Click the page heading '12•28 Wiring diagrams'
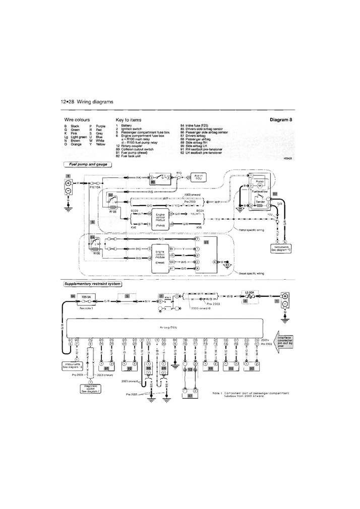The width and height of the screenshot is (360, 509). pyautogui.click(x=86, y=102)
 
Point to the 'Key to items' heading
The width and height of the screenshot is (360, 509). pyautogui.click(x=129, y=120)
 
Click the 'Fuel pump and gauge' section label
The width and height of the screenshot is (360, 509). pyautogui.click(x=87, y=165)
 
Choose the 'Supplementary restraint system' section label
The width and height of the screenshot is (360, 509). pyautogui.click(x=92, y=284)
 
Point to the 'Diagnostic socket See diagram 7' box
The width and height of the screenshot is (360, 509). pyautogui.click(x=91, y=390)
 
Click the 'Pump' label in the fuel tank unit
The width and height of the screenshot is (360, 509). pyautogui.click(x=259, y=181)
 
